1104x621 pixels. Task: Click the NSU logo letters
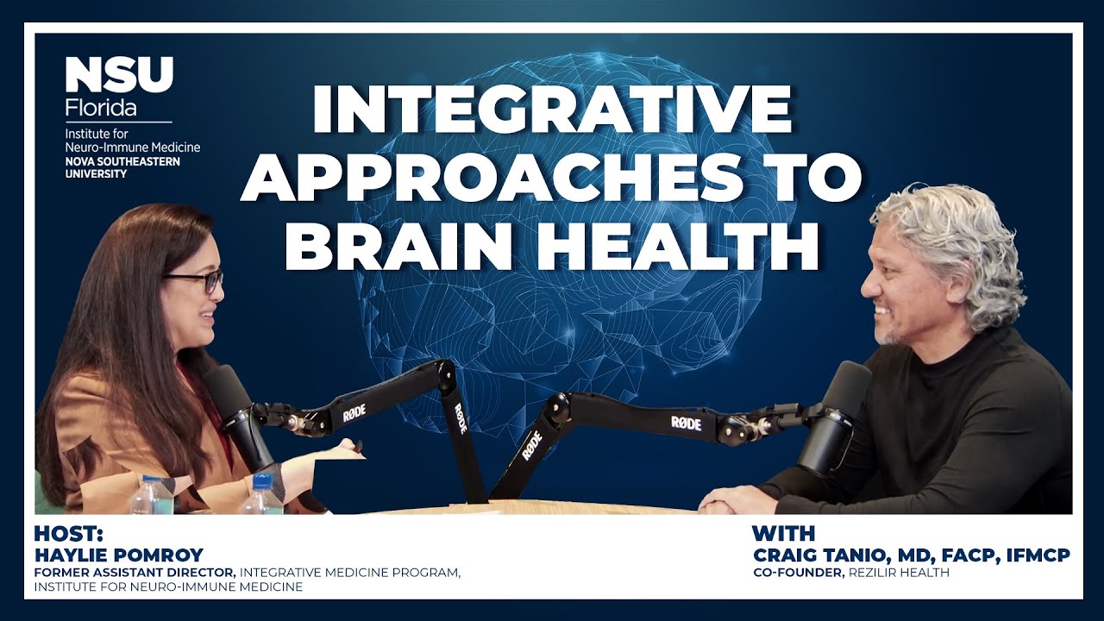click(119, 75)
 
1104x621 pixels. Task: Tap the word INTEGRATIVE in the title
click(551, 110)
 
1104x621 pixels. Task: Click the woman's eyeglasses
click(195, 281)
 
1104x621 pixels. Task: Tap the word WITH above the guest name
click(782, 533)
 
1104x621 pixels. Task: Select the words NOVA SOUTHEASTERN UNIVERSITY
click(122, 167)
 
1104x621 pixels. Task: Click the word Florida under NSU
click(101, 110)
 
